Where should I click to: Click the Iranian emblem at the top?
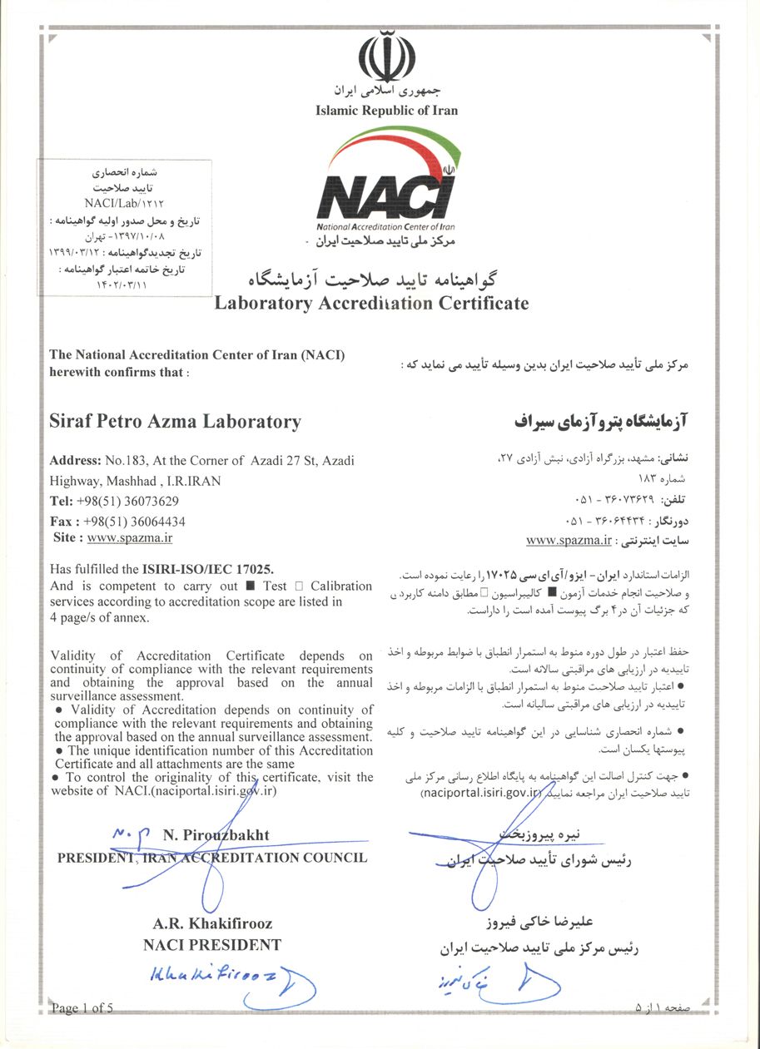[386, 56]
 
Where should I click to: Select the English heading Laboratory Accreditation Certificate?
[371, 303]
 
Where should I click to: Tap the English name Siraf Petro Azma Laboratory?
[175, 422]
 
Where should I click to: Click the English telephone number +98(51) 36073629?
[131, 501]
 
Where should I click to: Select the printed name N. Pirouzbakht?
[216, 834]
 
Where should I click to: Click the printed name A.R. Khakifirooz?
[212, 923]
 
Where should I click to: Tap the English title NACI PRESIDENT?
[212, 944]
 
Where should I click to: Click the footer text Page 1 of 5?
[82, 1009]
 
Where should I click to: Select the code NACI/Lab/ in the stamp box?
[110, 201]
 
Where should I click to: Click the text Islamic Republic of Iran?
[386, 110]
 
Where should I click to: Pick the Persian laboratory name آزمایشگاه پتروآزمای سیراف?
[603, 422]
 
